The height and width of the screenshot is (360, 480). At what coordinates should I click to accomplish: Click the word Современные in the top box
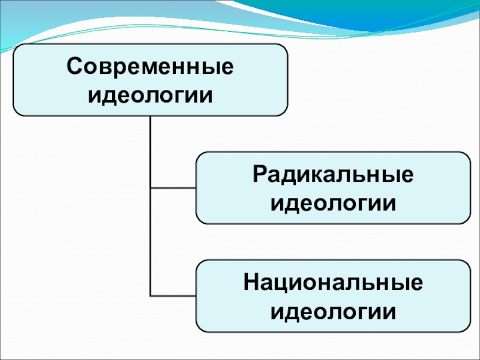pyautogui.click(x=150, y=66)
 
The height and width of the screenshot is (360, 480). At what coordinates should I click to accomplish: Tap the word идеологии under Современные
pyautogui.click(x=150, y=95)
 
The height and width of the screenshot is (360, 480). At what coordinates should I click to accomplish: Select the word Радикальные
pyautogui.click(x=333, y=175)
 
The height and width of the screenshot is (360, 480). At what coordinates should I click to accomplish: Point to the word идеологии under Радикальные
pyautogui.click(x=333, y=203)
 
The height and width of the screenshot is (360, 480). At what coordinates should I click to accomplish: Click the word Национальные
pyautogui.click(x=333, y=283)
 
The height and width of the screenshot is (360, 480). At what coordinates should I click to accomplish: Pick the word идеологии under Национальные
pyautogui.click(x=333, y=311)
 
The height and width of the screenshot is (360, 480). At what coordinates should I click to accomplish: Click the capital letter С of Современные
pyautogui.click(x=74, y=66)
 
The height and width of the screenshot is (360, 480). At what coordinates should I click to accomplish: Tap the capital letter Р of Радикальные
pyautogui.click(x=260, y=174)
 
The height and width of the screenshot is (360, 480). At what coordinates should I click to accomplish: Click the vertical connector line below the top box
pyautogui.click(x=151, y=206)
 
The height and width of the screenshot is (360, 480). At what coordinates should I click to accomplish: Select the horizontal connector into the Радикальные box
pyautogui.click(x=173, y=188)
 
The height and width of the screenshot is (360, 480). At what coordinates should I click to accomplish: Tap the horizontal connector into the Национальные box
pyautogui.click(x=173, y=296)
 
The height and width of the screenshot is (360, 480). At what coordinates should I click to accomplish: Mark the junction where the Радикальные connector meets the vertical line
pyautogui.click(x=151, y=188)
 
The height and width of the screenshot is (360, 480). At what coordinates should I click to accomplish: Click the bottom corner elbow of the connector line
pyautogui.click(x=151, y=296)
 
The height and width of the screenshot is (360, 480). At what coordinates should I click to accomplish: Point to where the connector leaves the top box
pyautogui.click(x=151, y=116)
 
